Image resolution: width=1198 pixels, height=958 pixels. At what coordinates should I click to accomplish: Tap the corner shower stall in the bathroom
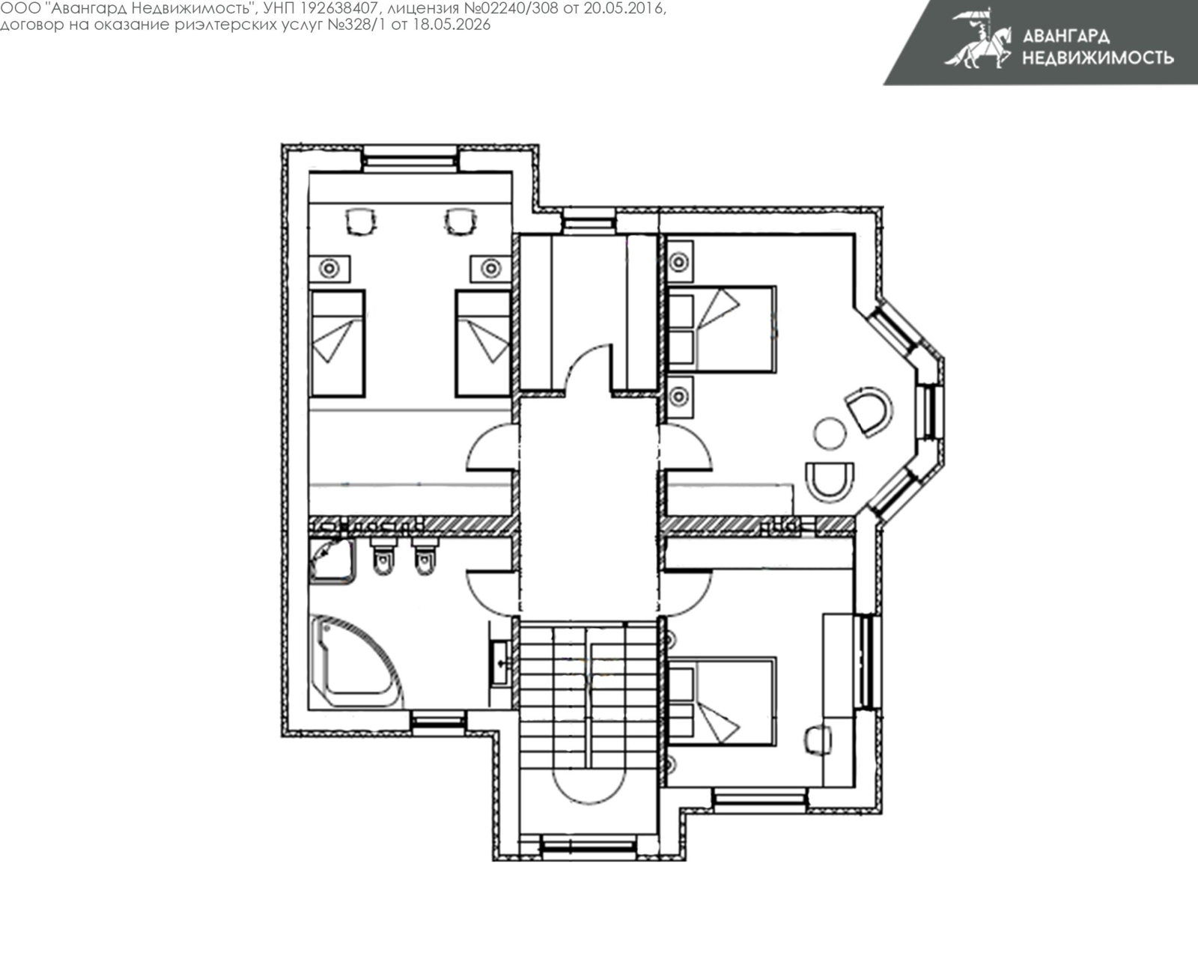332,561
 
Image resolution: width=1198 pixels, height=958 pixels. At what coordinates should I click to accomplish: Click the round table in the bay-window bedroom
830,433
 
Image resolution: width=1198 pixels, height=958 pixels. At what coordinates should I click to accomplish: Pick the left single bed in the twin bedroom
338,344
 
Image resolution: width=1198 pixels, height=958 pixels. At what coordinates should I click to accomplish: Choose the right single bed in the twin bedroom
483,344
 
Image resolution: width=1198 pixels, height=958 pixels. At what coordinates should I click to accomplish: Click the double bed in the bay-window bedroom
722,329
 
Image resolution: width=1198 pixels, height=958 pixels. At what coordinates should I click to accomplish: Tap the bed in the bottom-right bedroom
722,701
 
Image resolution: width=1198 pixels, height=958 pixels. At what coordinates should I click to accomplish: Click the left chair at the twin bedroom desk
360,222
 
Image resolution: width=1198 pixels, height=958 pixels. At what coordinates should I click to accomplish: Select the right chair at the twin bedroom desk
460,222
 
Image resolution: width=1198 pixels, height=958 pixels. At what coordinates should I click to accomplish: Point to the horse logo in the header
979,39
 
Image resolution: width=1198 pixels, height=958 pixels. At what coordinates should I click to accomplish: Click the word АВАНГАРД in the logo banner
1066,36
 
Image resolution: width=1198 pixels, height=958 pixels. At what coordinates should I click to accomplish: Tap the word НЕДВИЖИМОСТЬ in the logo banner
1098,58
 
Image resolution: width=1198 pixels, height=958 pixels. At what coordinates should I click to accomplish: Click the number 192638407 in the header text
336,8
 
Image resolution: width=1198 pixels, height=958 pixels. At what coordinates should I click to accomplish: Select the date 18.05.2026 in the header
451,25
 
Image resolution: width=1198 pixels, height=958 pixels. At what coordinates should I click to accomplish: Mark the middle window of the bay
930,412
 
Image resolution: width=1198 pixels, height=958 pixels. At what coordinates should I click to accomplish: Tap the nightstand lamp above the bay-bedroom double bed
679,261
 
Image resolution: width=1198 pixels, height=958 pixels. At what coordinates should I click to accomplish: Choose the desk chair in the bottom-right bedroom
817,740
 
